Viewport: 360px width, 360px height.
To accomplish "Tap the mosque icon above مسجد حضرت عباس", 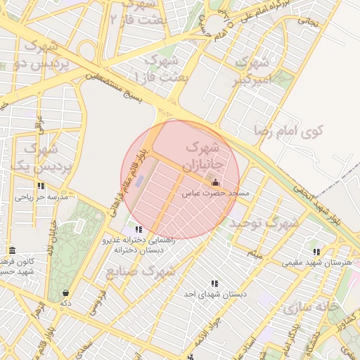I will tap(214, 183).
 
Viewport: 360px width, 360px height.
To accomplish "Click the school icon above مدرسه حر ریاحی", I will tap(41, 186).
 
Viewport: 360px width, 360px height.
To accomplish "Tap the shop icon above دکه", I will tap(65, 292).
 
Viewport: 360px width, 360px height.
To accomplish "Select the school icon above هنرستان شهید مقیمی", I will tap(317, 251).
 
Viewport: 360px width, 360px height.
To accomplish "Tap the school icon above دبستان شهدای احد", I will tap(214, 283).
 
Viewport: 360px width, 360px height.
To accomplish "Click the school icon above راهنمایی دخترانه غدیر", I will tap(139, 229).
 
